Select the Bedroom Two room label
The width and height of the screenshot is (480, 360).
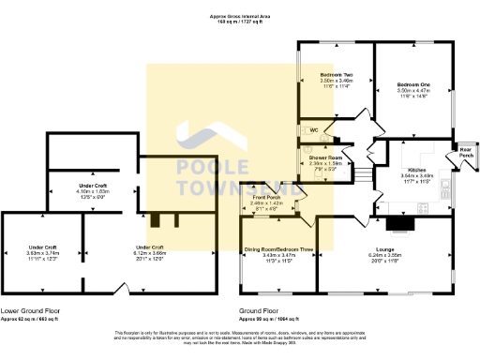[x=337, y=74]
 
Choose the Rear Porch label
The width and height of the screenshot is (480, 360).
[x=463, y=151]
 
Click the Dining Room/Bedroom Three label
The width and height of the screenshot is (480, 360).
[x=278, y=248]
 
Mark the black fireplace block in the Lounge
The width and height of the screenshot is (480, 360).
[x=400, y=223]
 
